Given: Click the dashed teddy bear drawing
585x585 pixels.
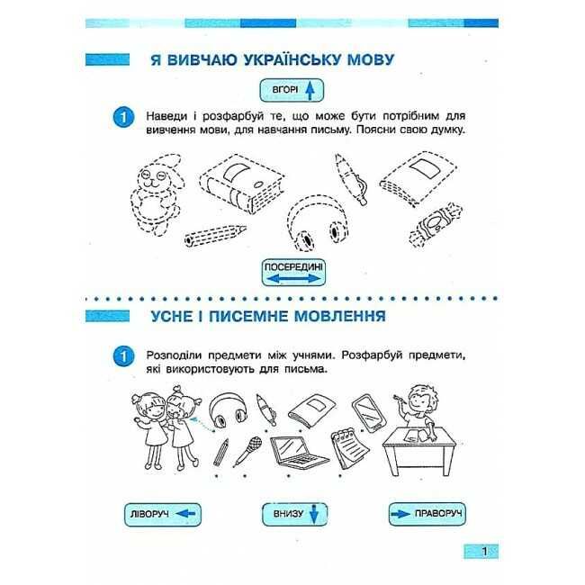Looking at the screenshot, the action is pos(157,195).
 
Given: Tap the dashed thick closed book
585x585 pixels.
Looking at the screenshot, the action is pos(242,184).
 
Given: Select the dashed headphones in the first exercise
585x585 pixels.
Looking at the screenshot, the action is pos(318,223).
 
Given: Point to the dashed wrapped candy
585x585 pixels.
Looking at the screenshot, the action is pos(436,225).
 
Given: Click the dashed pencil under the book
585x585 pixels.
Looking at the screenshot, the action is pos(215,235).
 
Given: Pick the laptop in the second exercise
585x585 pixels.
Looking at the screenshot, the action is pos(299,452).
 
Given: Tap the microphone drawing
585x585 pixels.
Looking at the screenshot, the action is pos(247,451).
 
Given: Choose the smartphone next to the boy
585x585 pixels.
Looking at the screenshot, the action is pos(370,413).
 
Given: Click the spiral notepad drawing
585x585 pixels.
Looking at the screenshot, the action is pos(349,447).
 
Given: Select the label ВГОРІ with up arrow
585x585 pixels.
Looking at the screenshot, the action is pos(292,90).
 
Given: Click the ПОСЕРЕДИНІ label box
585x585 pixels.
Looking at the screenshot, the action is pos(293,273).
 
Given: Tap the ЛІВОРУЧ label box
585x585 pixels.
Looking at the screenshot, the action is pos(163,515).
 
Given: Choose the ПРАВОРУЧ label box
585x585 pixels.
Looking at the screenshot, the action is pos(427,514).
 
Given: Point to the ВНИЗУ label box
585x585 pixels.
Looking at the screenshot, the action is pos(294,515).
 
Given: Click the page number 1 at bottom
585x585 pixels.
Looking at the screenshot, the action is pos(484,551).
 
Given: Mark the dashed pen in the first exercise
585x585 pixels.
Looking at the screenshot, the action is pos(351,179).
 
